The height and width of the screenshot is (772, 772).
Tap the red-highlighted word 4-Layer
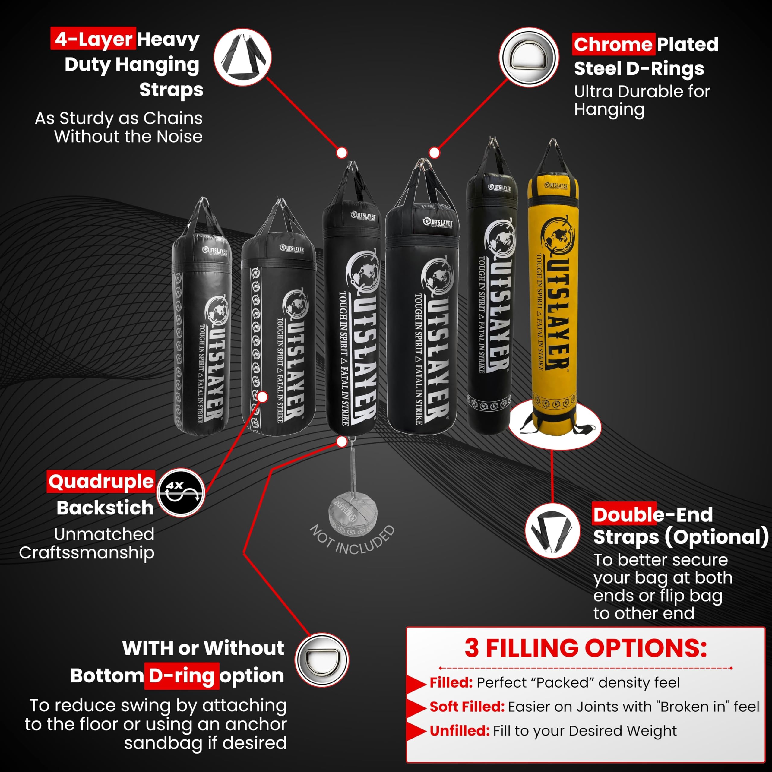93,39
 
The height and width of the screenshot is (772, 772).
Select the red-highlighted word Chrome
613,44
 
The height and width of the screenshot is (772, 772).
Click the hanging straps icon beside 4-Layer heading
242,57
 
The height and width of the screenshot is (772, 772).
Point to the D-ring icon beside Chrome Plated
529,56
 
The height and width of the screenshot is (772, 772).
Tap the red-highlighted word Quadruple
101,482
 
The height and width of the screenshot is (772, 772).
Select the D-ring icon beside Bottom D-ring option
322,660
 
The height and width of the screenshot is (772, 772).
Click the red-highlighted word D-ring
182,676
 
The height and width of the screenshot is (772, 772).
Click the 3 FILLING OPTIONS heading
585,648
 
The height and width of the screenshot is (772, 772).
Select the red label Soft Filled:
467,707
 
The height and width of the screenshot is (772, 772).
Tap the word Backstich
105,508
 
